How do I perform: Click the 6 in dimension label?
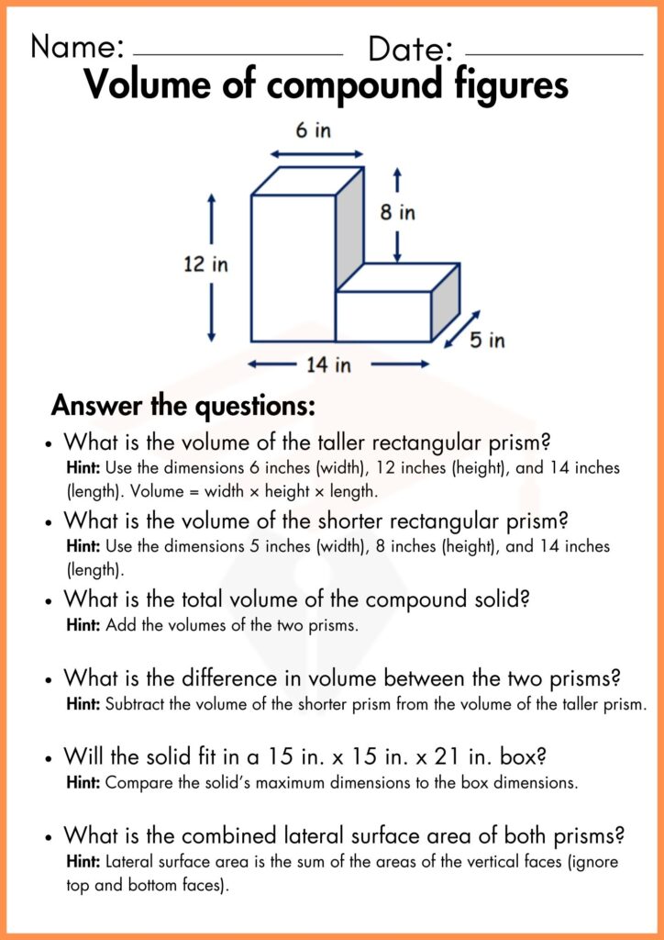point(313,131)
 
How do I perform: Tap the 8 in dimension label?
point(397,213)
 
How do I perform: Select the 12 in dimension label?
point(205,265)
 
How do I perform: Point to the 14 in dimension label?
point(328,365)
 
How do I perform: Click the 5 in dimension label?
point(487,341)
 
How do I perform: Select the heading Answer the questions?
point(183,405)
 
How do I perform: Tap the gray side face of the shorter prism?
point(444,302)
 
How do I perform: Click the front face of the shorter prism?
point(382,317)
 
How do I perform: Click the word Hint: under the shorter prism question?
point(84,546)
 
